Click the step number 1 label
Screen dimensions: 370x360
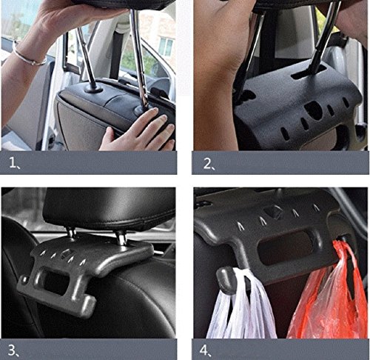(14, 163)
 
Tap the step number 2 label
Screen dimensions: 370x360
(209, 164)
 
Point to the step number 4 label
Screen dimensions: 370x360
(206, 350)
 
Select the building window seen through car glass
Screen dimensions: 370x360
(166, 47)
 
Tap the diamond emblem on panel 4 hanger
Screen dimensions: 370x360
(273, 212)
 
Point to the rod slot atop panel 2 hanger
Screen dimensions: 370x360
(309, 71)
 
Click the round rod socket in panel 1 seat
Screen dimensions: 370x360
(93, 89)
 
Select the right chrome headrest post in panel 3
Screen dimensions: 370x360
(121, 238)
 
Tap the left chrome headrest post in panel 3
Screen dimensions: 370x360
(72, 233)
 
